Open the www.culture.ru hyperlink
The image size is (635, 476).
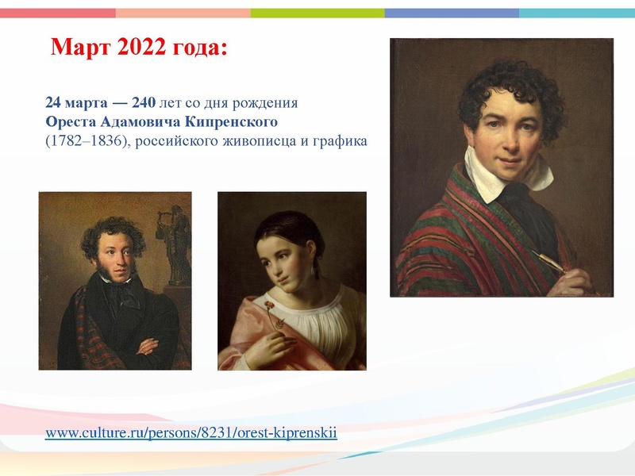[191, 432]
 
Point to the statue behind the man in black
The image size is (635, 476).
[178, 242]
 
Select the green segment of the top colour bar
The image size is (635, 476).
[317, 13]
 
